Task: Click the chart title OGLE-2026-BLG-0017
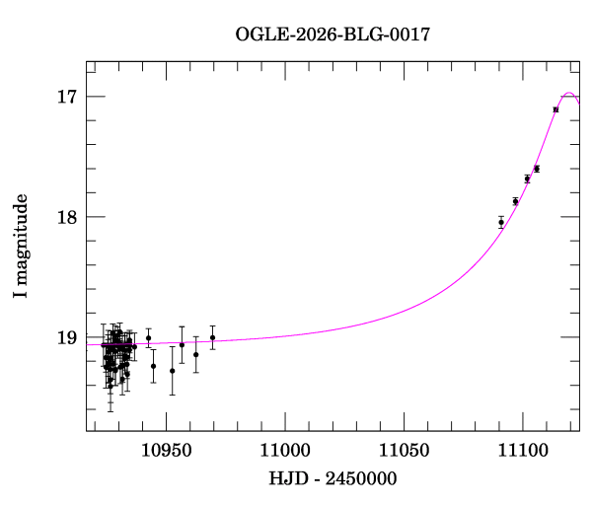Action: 333,35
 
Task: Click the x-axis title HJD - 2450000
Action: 333,479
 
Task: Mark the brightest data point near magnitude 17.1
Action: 555,109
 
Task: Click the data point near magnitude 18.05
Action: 501,223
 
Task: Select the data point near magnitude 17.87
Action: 515,201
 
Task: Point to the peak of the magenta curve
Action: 569,94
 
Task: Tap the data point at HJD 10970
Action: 212,337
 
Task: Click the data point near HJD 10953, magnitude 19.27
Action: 172,371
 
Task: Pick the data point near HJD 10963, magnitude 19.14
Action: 196,354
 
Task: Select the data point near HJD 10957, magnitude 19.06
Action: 182,344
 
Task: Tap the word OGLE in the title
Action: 258,35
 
